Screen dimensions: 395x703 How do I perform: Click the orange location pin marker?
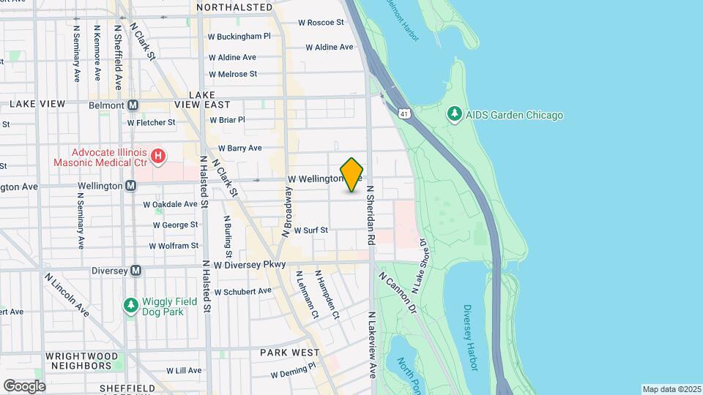[351, 175]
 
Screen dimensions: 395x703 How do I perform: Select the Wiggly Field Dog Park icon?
[131, 304]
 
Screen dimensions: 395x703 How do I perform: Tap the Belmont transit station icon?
[133, 105]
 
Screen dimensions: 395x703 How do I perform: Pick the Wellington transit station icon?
[130, 186]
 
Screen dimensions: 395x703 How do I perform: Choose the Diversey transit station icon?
[135, 271]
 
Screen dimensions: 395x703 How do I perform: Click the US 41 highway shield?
[404, 113]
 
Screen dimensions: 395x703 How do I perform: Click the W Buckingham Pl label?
[239, 35]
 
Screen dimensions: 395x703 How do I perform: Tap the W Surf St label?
[310, 230]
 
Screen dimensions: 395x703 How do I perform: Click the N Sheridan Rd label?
[371, 214]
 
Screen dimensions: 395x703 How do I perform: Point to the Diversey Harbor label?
[471, 337]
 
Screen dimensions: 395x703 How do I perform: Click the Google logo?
[24, 385]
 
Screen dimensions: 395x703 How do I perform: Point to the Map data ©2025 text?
[671, 389]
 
